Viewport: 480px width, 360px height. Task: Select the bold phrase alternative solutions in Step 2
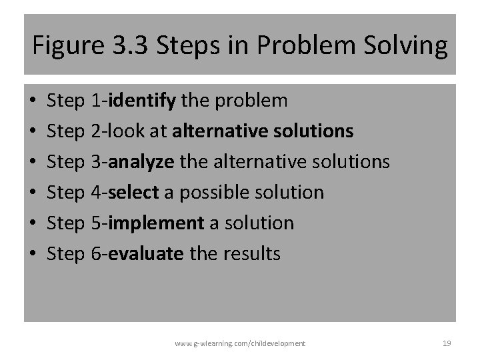(x=263, y=132)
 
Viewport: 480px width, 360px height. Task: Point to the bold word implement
(x=155, y=223)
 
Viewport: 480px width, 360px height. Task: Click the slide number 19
(x=447, y=343)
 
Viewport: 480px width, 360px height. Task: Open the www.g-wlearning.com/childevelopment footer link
(x=240, y=343)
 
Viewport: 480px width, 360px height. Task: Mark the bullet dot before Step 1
(x=33, y=102)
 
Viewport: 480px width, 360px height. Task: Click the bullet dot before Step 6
(x=33, y=255)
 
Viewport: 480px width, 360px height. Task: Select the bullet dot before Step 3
(x=33, y=163)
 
